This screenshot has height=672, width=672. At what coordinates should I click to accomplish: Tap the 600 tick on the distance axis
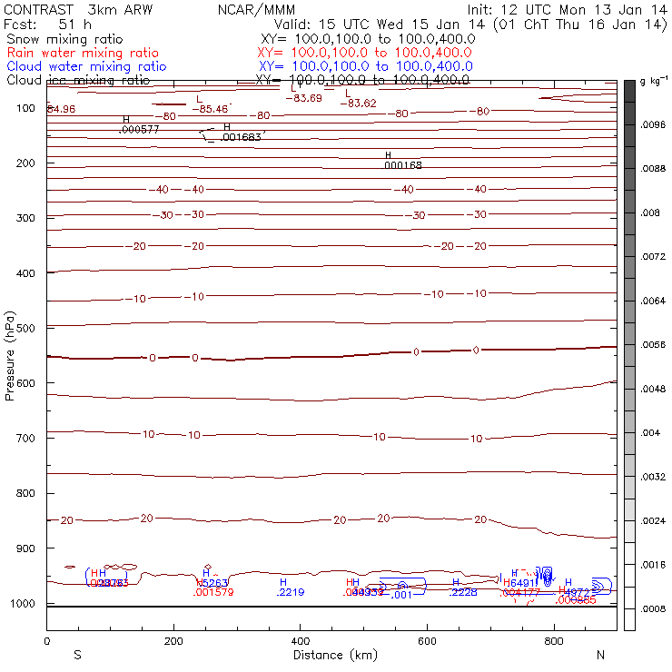[427, 641]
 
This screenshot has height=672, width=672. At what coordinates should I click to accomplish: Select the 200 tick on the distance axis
[173, 641]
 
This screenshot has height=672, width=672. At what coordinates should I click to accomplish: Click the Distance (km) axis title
[330, 655]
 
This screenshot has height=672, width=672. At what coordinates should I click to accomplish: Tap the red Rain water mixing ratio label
[83, 54]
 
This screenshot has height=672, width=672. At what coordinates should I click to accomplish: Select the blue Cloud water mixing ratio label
[86, 66]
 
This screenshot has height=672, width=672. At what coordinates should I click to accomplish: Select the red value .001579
[214, 592]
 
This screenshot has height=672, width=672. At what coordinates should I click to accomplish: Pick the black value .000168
[403, 165]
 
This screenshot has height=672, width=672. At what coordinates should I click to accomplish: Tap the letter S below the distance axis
[77, 655]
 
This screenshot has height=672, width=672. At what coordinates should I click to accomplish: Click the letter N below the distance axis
[599, 655]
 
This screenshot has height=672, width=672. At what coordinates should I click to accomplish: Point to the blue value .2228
[463, 592]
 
